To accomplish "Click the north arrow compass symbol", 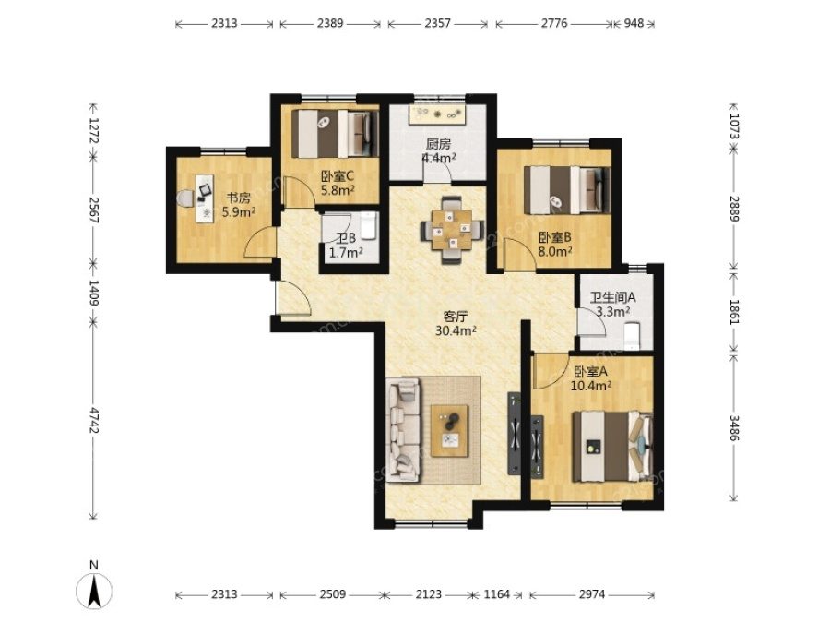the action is (x=94, y=589).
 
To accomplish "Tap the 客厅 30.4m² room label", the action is (x=456, y=324).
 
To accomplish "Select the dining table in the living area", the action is (x=452, y=230).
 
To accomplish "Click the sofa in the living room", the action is (x=404, y=429).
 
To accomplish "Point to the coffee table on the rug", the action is (x=449, y=431).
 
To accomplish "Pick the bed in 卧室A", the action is (x=612, y=447).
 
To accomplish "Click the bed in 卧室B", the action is (x=567, y=190).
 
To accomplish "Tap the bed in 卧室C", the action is (x=335, y=134).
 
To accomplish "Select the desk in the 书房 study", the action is (x=204, y=198).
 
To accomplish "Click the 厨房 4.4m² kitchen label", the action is (x=438, y=150).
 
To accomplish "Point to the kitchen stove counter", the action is (x=437, y=114).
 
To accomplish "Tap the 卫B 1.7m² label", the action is (x=346, y=246).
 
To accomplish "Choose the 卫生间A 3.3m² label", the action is (x=613, y=305).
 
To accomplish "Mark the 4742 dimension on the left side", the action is (x=94, y=420).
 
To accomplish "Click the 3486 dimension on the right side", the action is (x=734, y=427).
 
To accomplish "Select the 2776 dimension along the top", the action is (x=554, y=23).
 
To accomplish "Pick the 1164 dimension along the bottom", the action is (x=496, y=594).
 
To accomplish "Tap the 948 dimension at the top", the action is (x=634, y=23).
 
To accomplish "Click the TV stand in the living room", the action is (x=515, y=434).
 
